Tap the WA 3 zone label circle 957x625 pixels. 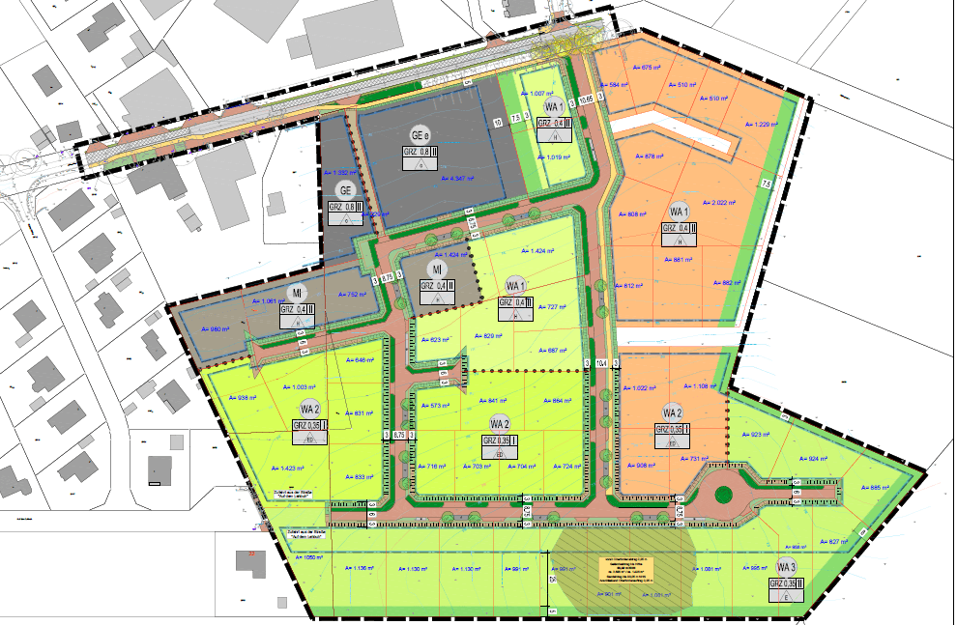point(786,567)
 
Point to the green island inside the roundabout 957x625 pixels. point(722,494)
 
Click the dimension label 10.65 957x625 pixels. point(586,99)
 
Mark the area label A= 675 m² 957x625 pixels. point(646,68)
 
